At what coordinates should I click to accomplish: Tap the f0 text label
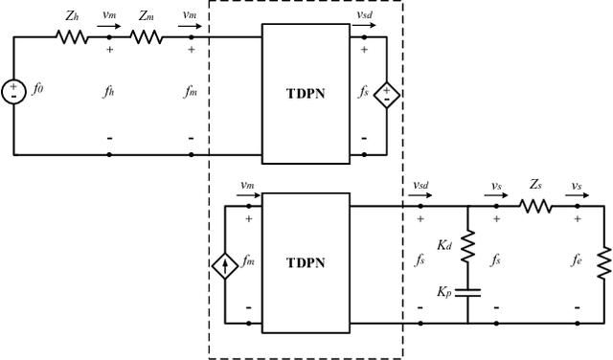(38, 93)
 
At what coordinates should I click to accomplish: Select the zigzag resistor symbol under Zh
(72, 37)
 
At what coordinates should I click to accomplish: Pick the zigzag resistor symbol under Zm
(146, 37)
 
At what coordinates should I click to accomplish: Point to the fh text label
(109, 92)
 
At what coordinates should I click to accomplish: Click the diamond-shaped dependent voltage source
(386, 95)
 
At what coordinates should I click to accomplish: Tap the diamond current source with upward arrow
(224, 263)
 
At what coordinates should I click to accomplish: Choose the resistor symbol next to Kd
(467, 247)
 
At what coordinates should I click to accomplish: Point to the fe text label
(577, 260)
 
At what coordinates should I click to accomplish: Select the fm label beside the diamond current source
(252, 260)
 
